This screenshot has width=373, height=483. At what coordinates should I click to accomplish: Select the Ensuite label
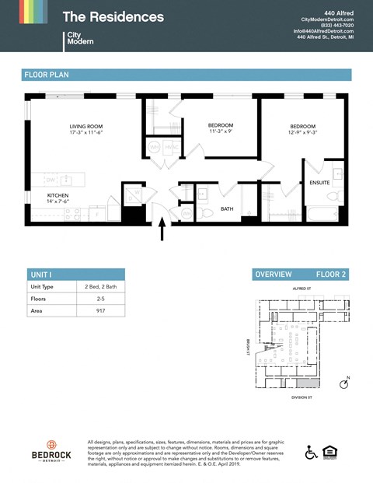pos(319,183)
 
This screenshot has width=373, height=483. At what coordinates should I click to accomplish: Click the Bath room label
pos(226,208)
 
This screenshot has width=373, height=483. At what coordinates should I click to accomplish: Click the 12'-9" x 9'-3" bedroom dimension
pos(302,133)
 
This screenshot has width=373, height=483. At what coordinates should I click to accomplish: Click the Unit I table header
pos(40,275)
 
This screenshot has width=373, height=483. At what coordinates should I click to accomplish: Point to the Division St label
pos(300,397)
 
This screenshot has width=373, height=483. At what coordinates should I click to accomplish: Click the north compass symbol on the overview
pos(345,383)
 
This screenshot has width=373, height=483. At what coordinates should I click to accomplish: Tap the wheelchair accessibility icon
pos(312,452)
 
